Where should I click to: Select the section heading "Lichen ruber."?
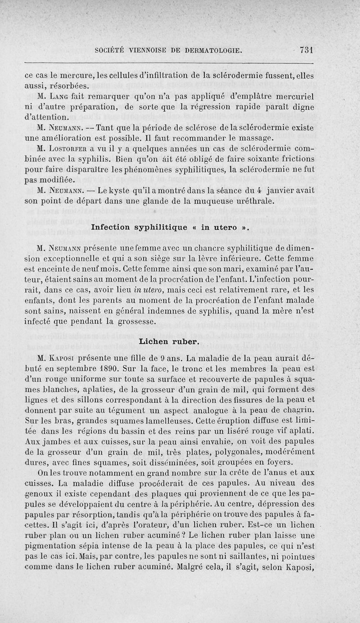click(170, 341)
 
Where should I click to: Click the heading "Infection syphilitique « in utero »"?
click(170, 228)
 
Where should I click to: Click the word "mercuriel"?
click(288, 96)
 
